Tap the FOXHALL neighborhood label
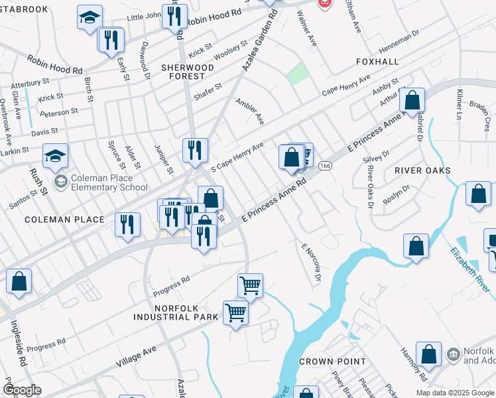(378, 62)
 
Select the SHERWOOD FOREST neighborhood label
(187, 72)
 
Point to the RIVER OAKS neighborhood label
(422, 170)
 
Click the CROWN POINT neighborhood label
(332, 362)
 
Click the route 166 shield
(325, 165)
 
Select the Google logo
(21, 389)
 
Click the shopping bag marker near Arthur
(412, 101)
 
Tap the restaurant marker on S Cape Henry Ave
(195, 150)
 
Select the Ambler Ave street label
(250, 111)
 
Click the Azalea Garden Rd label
(257, 46)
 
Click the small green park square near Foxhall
(298, 74)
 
